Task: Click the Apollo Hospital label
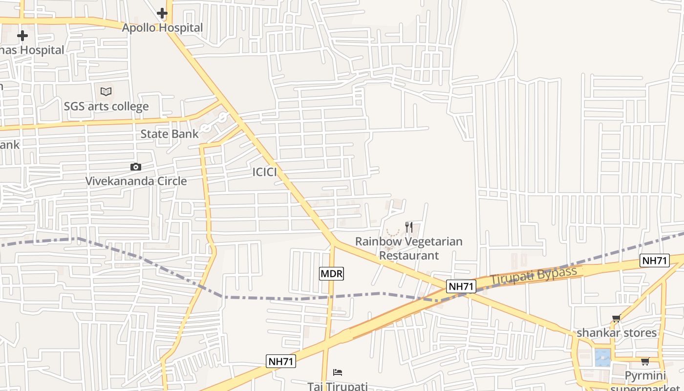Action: point(162,28)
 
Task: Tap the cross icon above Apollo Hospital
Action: point(162,13)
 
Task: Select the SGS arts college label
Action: point(106,106)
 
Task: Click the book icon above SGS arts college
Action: point(106,91)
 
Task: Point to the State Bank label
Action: point(170,134)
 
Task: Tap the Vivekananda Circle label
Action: point(136,181)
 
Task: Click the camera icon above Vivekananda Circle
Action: point(136,167)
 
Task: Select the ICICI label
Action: point(265,172)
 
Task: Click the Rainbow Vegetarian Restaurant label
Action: point(409,248)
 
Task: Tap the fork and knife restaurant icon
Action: point(409,227)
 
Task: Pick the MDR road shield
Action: point(331,274)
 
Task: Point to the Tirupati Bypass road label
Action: point(534,276)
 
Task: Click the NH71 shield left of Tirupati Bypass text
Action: point(461,286)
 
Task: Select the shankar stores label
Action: point(617,333)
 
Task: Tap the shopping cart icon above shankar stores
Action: point(617,319)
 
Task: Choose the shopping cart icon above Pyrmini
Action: point(645,362)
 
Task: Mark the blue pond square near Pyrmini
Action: point(602,357)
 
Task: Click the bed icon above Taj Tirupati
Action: point(337,372)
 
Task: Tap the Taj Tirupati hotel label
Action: point(337,386)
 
